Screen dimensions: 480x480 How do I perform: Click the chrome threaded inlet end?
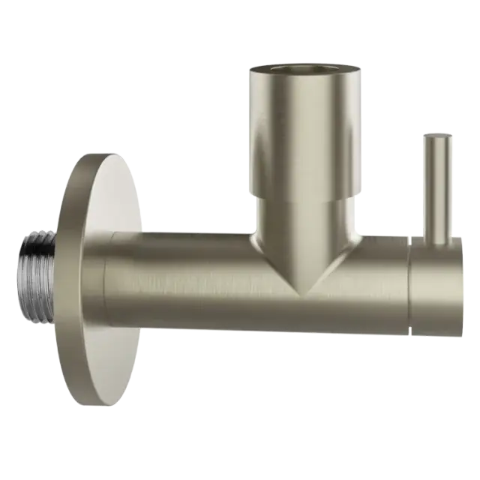coord(35,274)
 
